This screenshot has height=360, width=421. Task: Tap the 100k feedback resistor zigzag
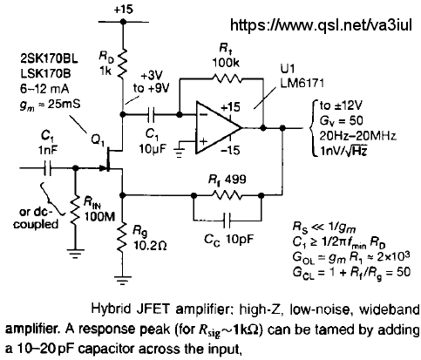point(227,78)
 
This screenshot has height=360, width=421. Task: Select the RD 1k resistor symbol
point(123,64)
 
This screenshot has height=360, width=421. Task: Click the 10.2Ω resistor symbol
point(123,237)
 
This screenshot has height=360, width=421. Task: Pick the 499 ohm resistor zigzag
point(227,195)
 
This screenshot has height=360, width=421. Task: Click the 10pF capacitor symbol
point(227,221)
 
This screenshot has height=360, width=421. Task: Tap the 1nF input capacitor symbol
point(47,168)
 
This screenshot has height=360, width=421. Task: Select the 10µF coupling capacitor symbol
point(151,114)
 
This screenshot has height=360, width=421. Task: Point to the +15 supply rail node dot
point(123,22)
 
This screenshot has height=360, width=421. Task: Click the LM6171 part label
point(302,84)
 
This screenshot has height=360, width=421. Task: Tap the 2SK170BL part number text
point(49,59)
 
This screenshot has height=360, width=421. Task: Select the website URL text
point(321,25)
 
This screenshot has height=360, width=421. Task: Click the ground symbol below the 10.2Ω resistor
point(123,280)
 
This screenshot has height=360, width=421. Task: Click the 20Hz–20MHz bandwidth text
point(357,136)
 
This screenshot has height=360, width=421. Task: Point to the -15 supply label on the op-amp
point(230,150)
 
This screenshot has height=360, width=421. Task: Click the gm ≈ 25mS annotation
point(50,105)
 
